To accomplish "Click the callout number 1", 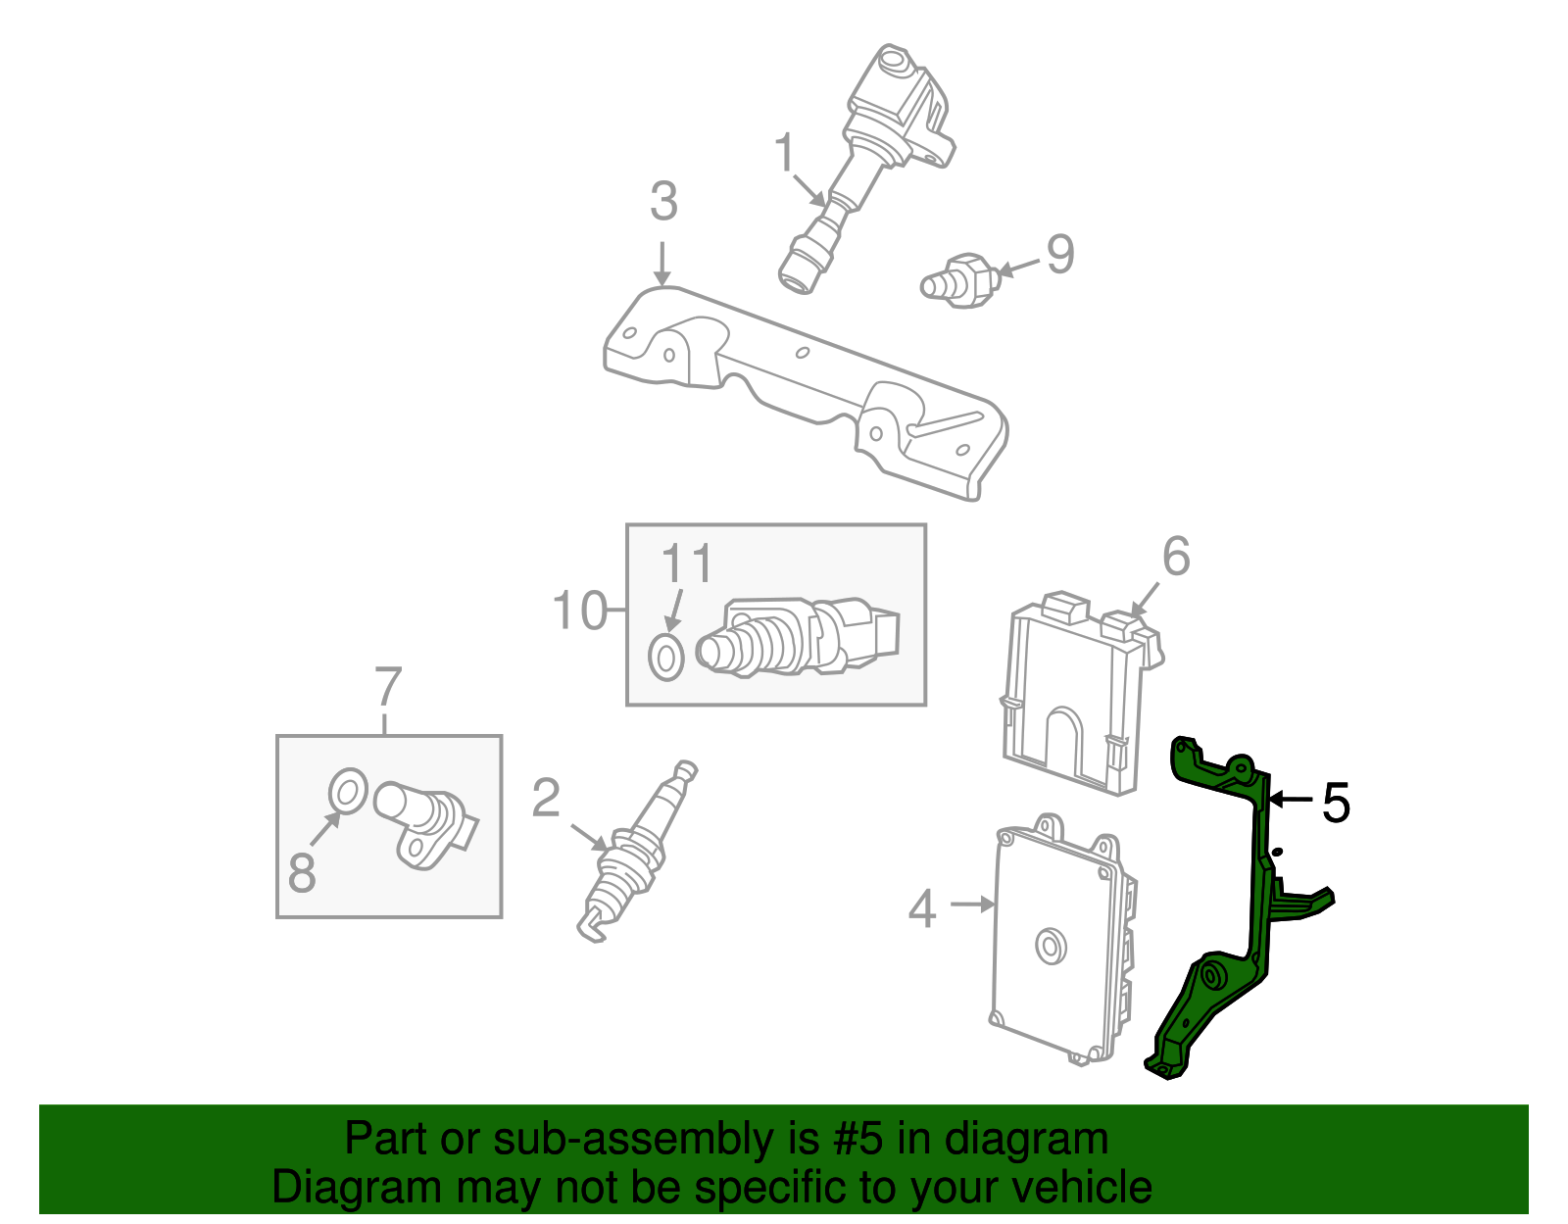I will pyautogui.click(x=784, y=154).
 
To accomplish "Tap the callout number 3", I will pyautogui.click(x=663, y=202).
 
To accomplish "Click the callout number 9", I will pyautogui.click(x=1060, y=255).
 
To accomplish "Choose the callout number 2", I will pyautogui.click(x=546, y=798).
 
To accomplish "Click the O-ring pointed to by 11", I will pyautogui.click(x=666, y=657).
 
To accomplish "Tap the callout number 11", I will pyautogui.click(x=686, y=565).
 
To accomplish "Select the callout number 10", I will pyautogui.click(x=580, y=611).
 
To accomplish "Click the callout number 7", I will pyautogui.click(x=388, y=687).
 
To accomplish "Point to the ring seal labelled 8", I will pyautogui.click(x=347, y=791).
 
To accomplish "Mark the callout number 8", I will pyautogui.click(x=302, y=871).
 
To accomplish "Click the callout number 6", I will pyautogui.click(x=1176, y=557).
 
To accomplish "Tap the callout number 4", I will pyautogui.click(x=922, y=909).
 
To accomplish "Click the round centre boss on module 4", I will pyautogui.click(x=1052, y=947).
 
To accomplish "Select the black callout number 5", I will pyautogui.click(x=1336, y=803).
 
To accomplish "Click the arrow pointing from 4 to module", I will pyautogui.click(x=972, y=905).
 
